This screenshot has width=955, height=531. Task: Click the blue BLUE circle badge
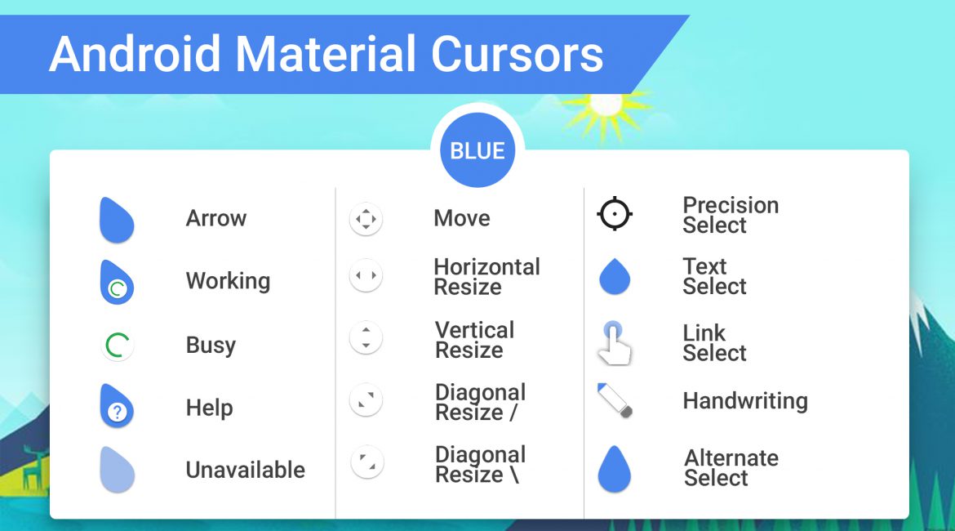(477, 150)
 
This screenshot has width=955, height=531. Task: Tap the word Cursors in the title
(517, 54)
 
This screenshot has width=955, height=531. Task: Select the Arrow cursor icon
(117, 220)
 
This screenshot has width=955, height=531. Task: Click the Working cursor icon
(117, 283)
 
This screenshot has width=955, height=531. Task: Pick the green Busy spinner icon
(117, 345)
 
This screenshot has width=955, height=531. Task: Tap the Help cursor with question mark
(117, 406)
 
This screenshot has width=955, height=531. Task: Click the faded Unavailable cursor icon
(117, 470)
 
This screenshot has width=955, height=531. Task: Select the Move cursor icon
(366, 219)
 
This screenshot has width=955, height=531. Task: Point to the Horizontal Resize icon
(366, 275)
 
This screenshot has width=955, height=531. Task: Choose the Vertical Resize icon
(366, 337)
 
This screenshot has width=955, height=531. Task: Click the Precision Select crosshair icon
(615, 214)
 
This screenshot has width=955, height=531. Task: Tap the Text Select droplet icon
(615, 276)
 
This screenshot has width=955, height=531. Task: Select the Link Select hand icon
(614, 343)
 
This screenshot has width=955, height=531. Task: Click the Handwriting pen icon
(615, 400)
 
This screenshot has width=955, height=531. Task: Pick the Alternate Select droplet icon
(615, 468)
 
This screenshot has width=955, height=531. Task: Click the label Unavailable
(246, 470)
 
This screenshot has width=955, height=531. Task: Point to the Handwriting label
(745, 401)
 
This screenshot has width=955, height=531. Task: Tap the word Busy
(211, 345)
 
